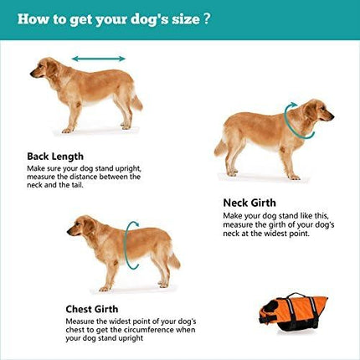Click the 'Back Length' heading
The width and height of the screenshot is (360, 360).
(54, 156)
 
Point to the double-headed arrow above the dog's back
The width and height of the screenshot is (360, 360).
(98, 59)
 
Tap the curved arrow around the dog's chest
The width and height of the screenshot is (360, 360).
(131, 243)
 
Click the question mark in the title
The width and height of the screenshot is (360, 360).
(208, 19)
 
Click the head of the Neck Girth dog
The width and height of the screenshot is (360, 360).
(316, 110)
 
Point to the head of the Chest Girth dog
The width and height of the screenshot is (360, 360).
(81, 225)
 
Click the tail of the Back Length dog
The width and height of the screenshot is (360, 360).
(136, 100)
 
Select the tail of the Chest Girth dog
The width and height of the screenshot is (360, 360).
(173, 259)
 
